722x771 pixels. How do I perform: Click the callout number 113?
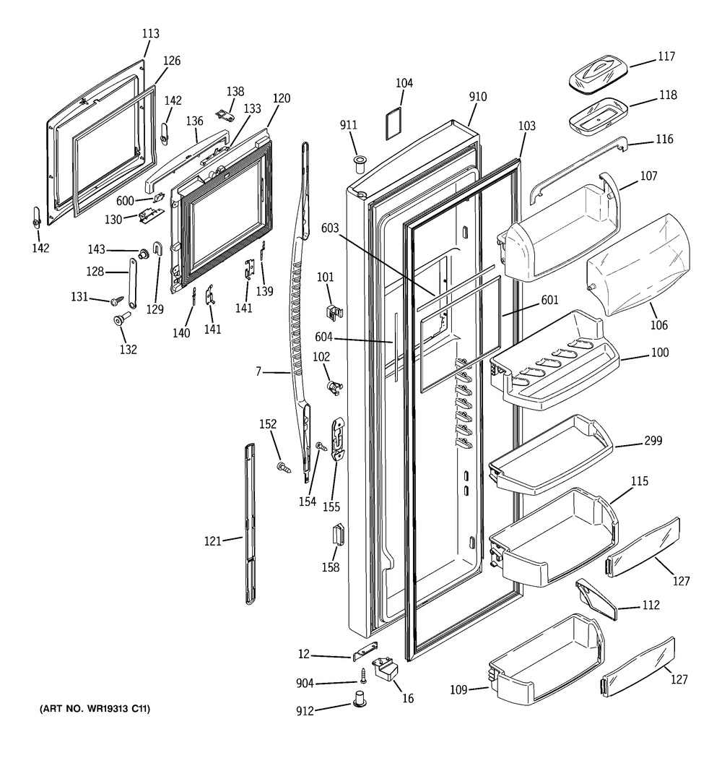pos(150,33)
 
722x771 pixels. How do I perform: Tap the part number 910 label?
pos(477,97)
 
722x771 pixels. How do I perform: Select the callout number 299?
pos(653,441)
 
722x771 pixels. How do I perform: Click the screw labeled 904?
pos(365,676)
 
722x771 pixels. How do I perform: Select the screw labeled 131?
pos(116,299)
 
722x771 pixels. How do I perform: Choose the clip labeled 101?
pos(332,311)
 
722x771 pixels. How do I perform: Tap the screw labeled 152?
pos(284,469)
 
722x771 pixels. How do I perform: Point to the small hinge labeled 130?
pos(149,216)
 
